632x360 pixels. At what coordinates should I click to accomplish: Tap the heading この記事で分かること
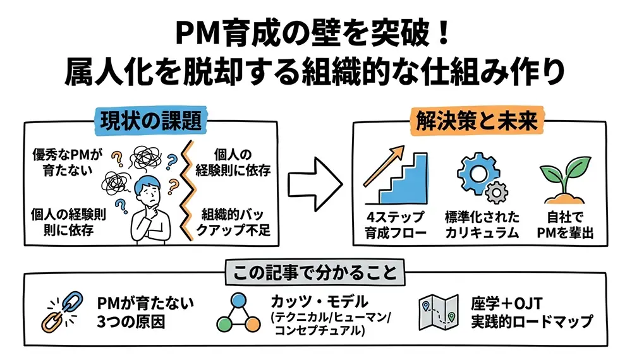click(x=315, y=273)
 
